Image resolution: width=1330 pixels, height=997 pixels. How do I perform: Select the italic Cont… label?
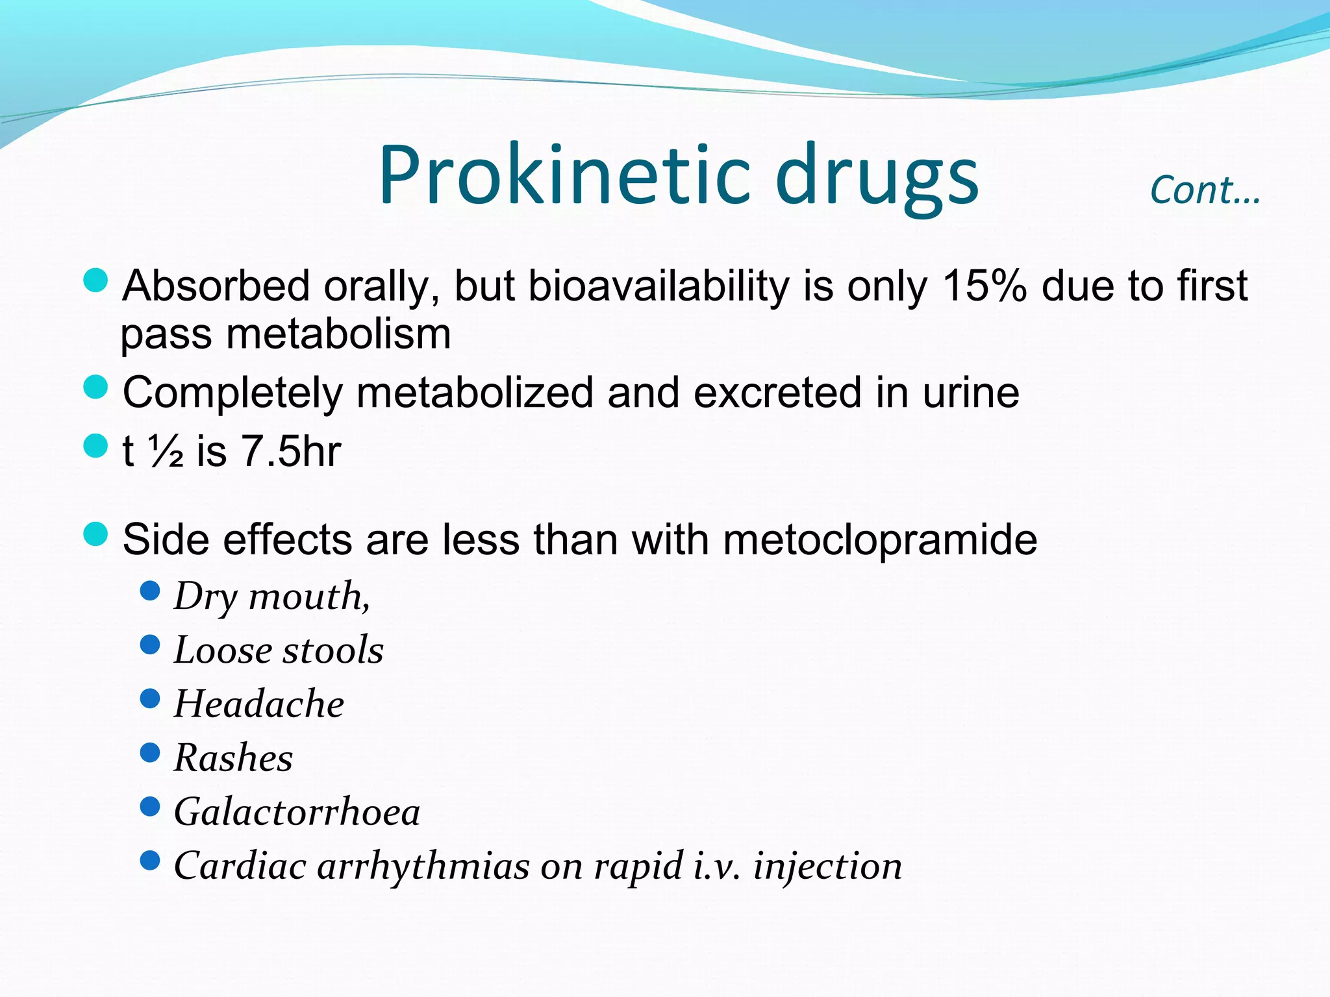click(1205, 190)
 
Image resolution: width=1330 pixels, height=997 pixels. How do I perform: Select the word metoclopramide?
click(880, 540)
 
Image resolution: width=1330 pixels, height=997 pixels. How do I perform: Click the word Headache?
click(258, 704)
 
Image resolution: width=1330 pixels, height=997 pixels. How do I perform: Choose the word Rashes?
click(233, 757)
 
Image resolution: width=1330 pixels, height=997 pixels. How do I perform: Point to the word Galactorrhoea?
click(297, 811)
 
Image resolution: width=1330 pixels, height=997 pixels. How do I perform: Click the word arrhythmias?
click(423, 866)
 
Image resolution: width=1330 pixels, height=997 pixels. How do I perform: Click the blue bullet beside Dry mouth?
click(150, 591)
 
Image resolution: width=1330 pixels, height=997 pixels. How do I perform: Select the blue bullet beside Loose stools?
click(150, 645)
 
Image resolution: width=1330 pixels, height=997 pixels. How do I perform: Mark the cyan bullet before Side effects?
click(95, 534)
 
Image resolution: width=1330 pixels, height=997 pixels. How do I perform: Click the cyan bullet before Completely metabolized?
click(95, 388)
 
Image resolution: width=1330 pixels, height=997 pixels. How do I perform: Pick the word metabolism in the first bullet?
click(338, 335)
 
